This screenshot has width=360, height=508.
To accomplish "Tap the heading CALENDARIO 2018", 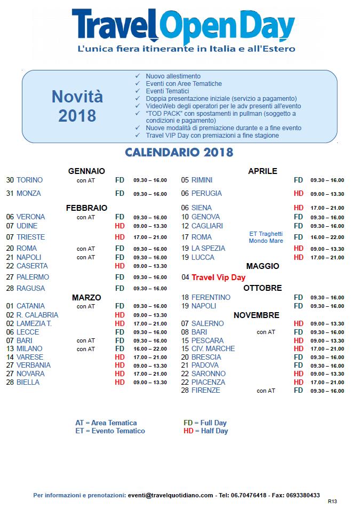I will click(179, 153).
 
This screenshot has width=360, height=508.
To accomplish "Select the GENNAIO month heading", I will click(86, 171).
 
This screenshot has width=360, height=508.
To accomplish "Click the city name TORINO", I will click(29, 180).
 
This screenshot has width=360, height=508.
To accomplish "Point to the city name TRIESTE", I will click(30, 237).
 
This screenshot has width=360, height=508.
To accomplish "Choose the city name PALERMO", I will click(33, 277).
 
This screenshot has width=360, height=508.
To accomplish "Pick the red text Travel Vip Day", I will click(219, 277).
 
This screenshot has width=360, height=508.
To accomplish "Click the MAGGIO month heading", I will click(262, 266).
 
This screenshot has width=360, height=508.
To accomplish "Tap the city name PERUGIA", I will click(206, 193).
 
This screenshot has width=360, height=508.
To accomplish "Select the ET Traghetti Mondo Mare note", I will click(266, 237).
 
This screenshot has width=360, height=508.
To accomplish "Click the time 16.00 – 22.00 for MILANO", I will click(150, 349).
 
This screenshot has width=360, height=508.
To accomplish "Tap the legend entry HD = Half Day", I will click(205, 431).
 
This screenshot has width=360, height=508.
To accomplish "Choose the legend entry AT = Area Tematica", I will click(106, 423).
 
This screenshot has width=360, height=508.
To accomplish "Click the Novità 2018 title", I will click(77, 106).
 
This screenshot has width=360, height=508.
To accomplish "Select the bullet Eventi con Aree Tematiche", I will click(183, 84).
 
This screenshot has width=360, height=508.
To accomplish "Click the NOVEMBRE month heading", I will click(256, 315).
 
